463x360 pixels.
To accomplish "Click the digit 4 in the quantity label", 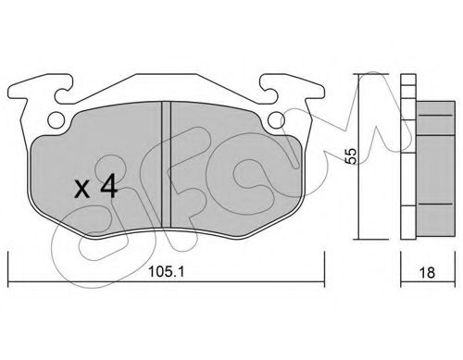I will (x=108, y=190).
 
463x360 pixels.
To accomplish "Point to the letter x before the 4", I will (x=81, y=192).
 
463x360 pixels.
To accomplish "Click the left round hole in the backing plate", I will (x=56, y=118).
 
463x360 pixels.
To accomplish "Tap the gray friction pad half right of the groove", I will (x=231, y=167).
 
